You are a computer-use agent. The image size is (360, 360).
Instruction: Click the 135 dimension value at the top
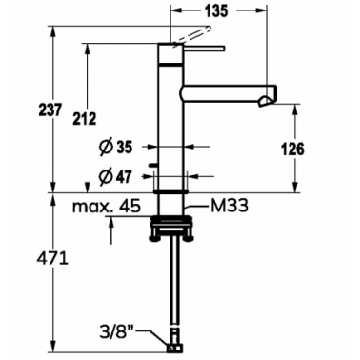coord(215,11)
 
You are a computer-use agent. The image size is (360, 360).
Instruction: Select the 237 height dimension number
coord(49,110)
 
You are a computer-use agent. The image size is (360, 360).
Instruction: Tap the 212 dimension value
coord(84,119)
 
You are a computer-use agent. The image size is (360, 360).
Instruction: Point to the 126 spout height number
coord(292,150)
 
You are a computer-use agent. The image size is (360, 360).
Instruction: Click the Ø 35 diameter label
coord(115,148)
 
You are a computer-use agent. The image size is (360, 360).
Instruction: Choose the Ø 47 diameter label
coord(114,176)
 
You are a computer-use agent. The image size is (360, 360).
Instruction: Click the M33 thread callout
coord(229,207)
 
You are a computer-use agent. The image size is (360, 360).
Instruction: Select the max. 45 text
coord(107,207)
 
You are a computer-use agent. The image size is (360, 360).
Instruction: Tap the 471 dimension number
coord(52,259)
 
